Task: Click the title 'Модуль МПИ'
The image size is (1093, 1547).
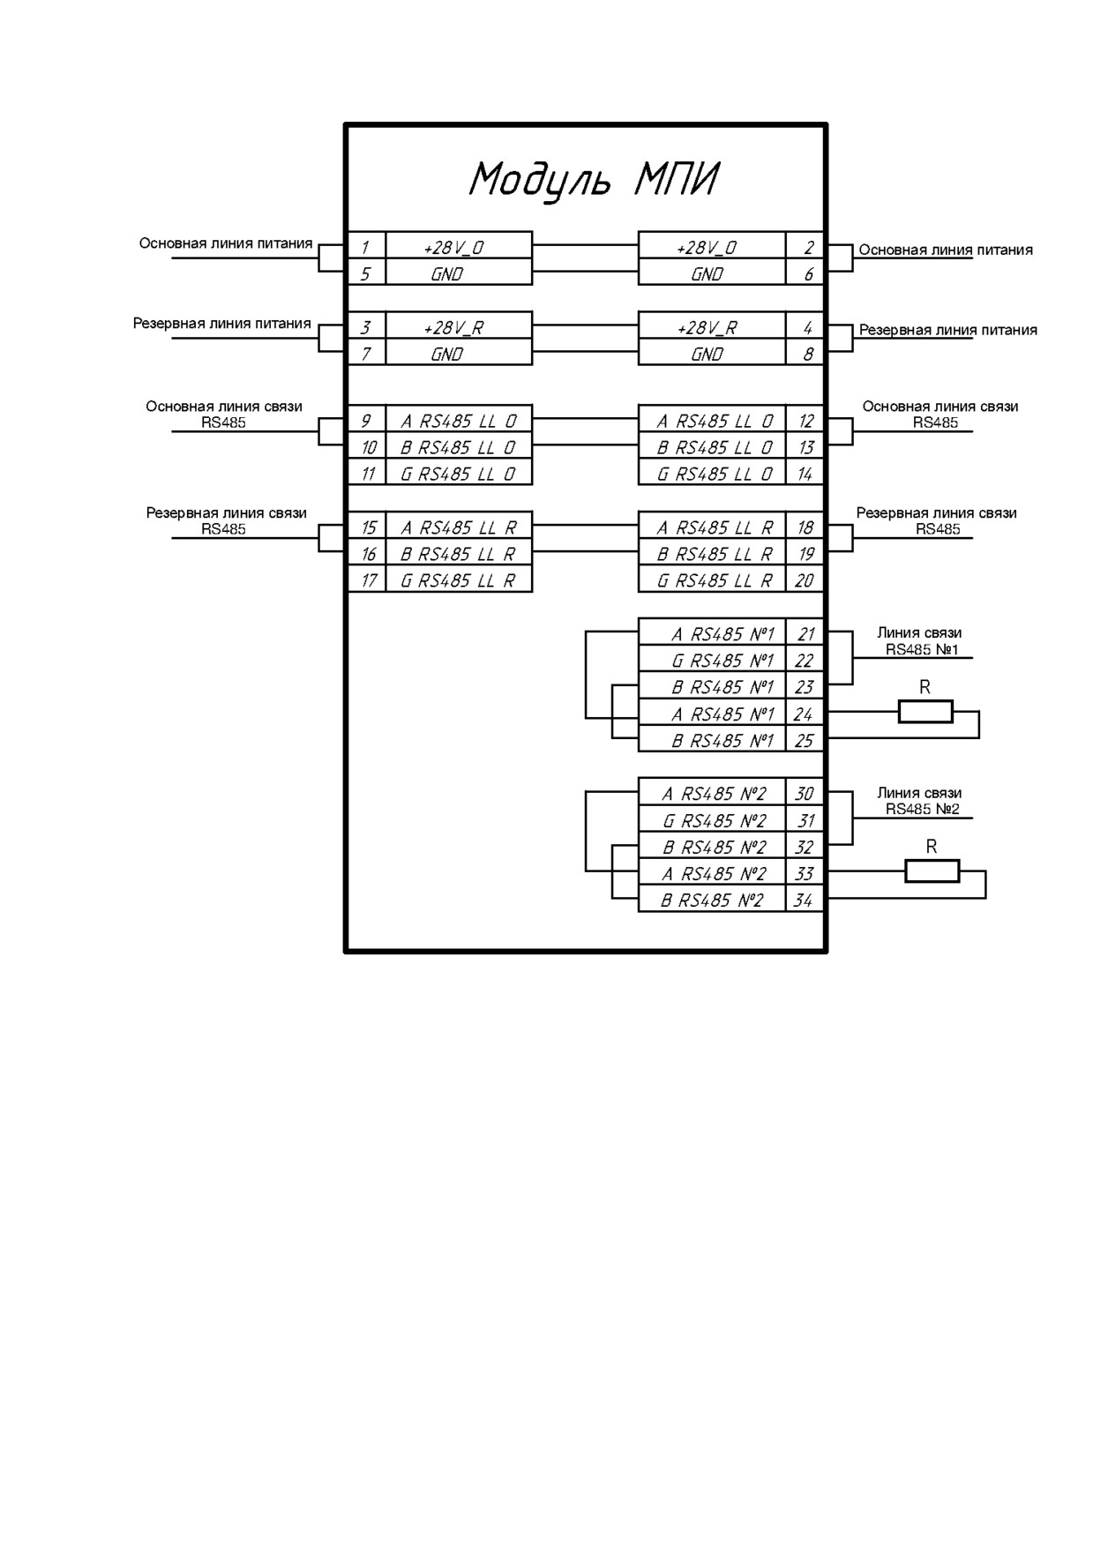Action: [593, 181]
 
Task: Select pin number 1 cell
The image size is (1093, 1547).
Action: [366, 245]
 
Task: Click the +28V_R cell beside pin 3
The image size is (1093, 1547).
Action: [459, 325]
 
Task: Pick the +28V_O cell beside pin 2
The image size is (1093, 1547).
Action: [712, 245]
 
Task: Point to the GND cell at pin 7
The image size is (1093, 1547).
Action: [459, 352]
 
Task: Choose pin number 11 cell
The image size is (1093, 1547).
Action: [366, 472]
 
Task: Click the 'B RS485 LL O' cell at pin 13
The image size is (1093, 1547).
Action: [712, 445]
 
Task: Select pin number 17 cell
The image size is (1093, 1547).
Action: [366, 579]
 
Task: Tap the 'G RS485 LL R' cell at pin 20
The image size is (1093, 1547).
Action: [712, 579]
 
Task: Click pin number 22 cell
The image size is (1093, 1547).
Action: [805, 659]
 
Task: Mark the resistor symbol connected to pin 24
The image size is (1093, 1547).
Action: [925, 711]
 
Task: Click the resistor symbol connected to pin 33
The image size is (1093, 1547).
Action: [932, 871]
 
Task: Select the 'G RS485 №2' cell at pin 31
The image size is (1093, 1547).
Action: [712, 818]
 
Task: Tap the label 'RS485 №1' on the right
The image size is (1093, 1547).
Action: [922, 650]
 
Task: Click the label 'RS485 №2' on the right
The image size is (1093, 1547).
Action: [922, 810]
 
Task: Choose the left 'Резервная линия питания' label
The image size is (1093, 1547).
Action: [222, 324]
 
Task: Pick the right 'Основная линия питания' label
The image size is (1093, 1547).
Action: [946, 250]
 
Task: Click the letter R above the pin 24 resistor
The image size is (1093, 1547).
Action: [925, 686]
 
